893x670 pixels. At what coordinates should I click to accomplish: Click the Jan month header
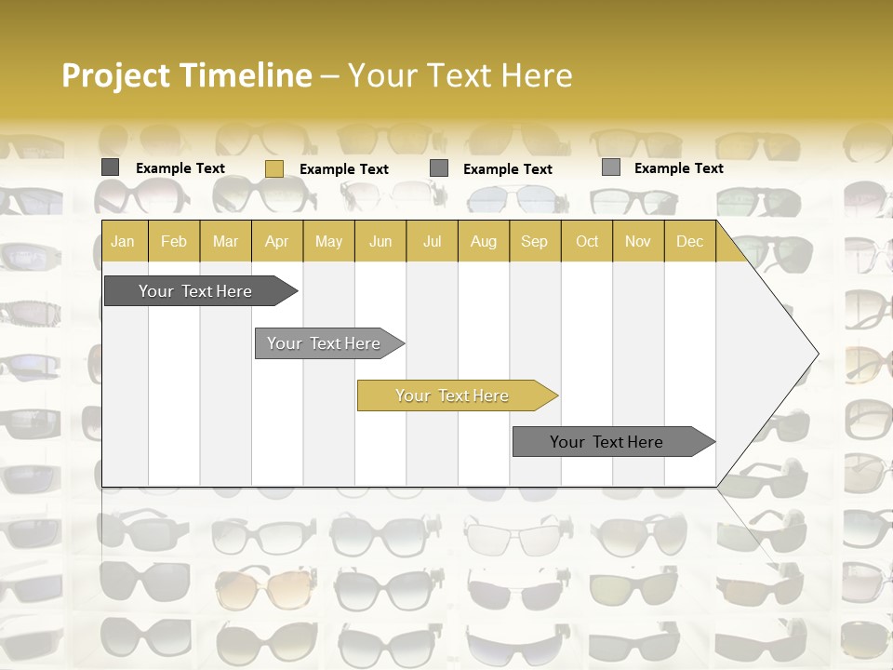tap(123, 242)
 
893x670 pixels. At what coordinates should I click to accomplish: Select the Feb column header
tap(174, 242)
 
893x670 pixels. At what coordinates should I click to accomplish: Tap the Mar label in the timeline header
tap(225, 242)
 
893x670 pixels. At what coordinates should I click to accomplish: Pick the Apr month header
tap(277, 242)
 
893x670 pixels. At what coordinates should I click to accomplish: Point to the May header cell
tap(328, 242)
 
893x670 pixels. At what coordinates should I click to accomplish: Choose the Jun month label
tap(380, 242)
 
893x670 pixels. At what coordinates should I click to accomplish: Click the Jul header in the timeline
tap(433, 242)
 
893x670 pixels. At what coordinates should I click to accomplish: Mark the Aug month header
tap(484, 242)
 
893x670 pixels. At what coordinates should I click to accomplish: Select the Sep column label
tap(535, 242)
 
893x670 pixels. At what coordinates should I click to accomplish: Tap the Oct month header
tap(587, 242)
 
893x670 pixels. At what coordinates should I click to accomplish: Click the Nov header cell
tap(638, 242)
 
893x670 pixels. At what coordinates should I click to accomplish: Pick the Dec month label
tap(690, 242)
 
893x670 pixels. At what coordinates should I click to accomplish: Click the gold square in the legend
tap(274, 168)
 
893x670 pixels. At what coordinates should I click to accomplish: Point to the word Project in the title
tap(117, 75)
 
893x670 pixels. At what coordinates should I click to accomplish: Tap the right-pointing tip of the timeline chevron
tap(815, 354)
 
